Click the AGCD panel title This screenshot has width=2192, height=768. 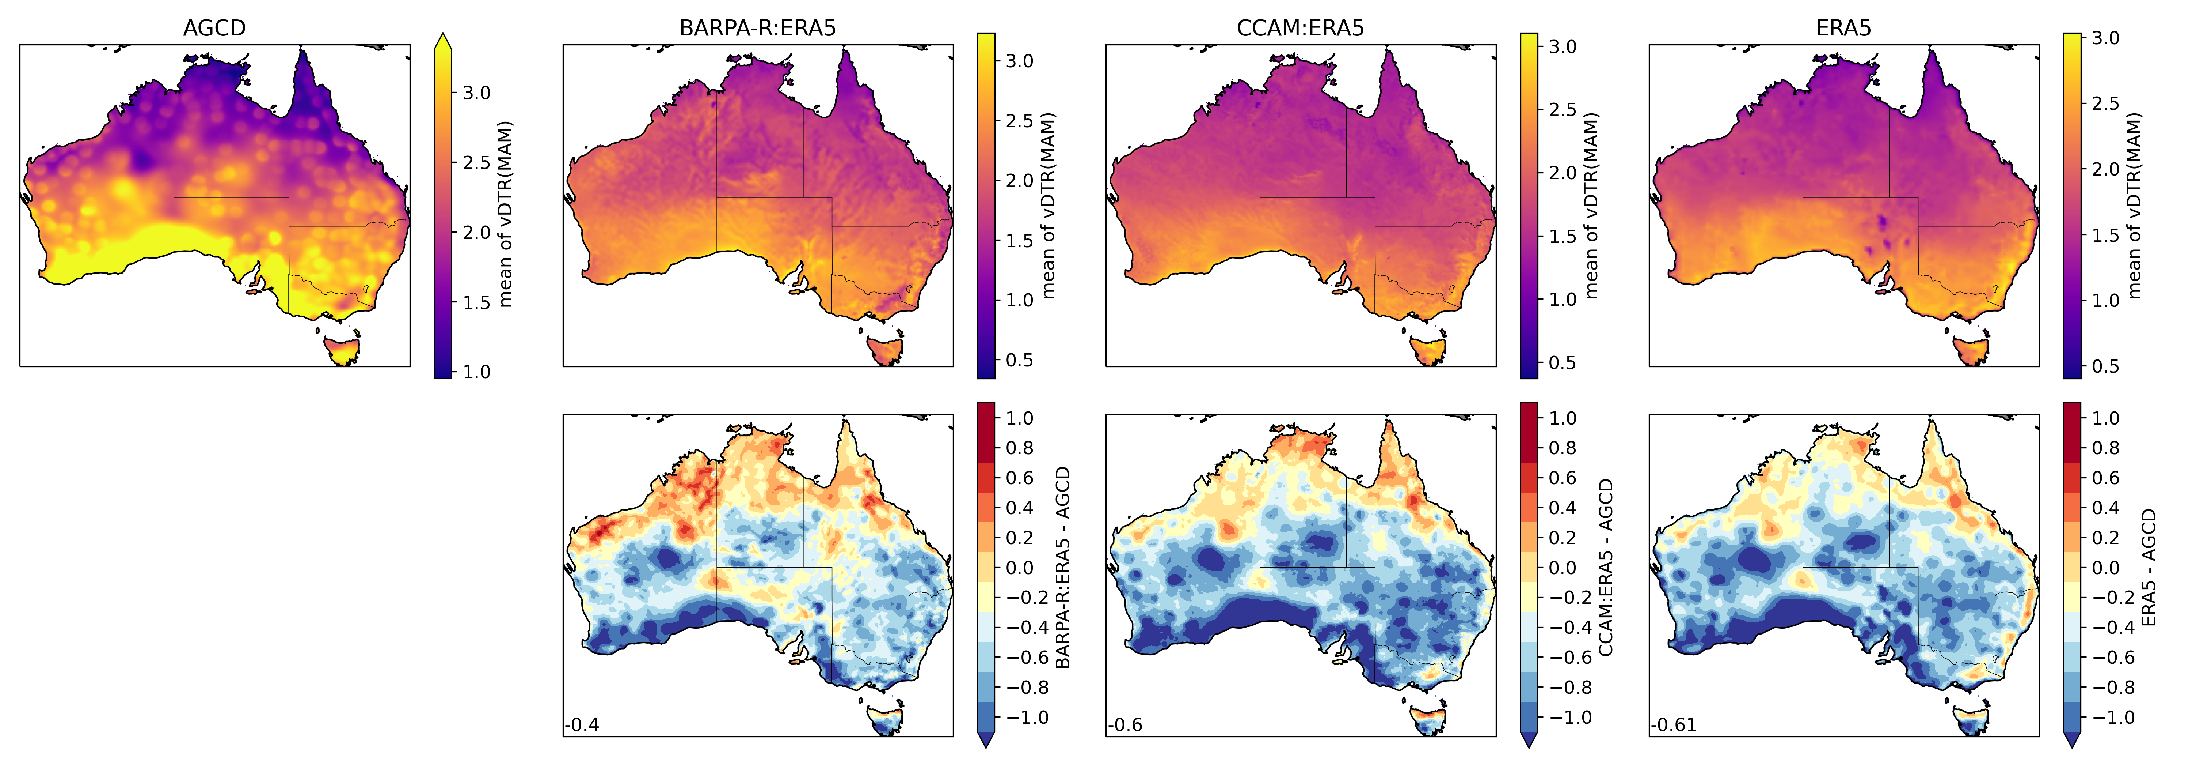(214, 28)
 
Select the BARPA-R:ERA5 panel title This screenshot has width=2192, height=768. (757, 28)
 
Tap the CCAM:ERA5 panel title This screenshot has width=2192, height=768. (1300, 28)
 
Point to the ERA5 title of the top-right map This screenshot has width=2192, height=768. (1843, 28)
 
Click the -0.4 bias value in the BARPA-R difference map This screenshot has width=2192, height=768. (583, 726)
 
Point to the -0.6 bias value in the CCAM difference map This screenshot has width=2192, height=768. (1126, 726)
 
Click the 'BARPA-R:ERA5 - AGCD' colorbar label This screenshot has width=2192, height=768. (1063, 567)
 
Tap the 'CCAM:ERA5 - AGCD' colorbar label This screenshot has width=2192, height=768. (1606, 567)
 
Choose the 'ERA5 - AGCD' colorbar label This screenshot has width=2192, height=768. (2149, 567)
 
